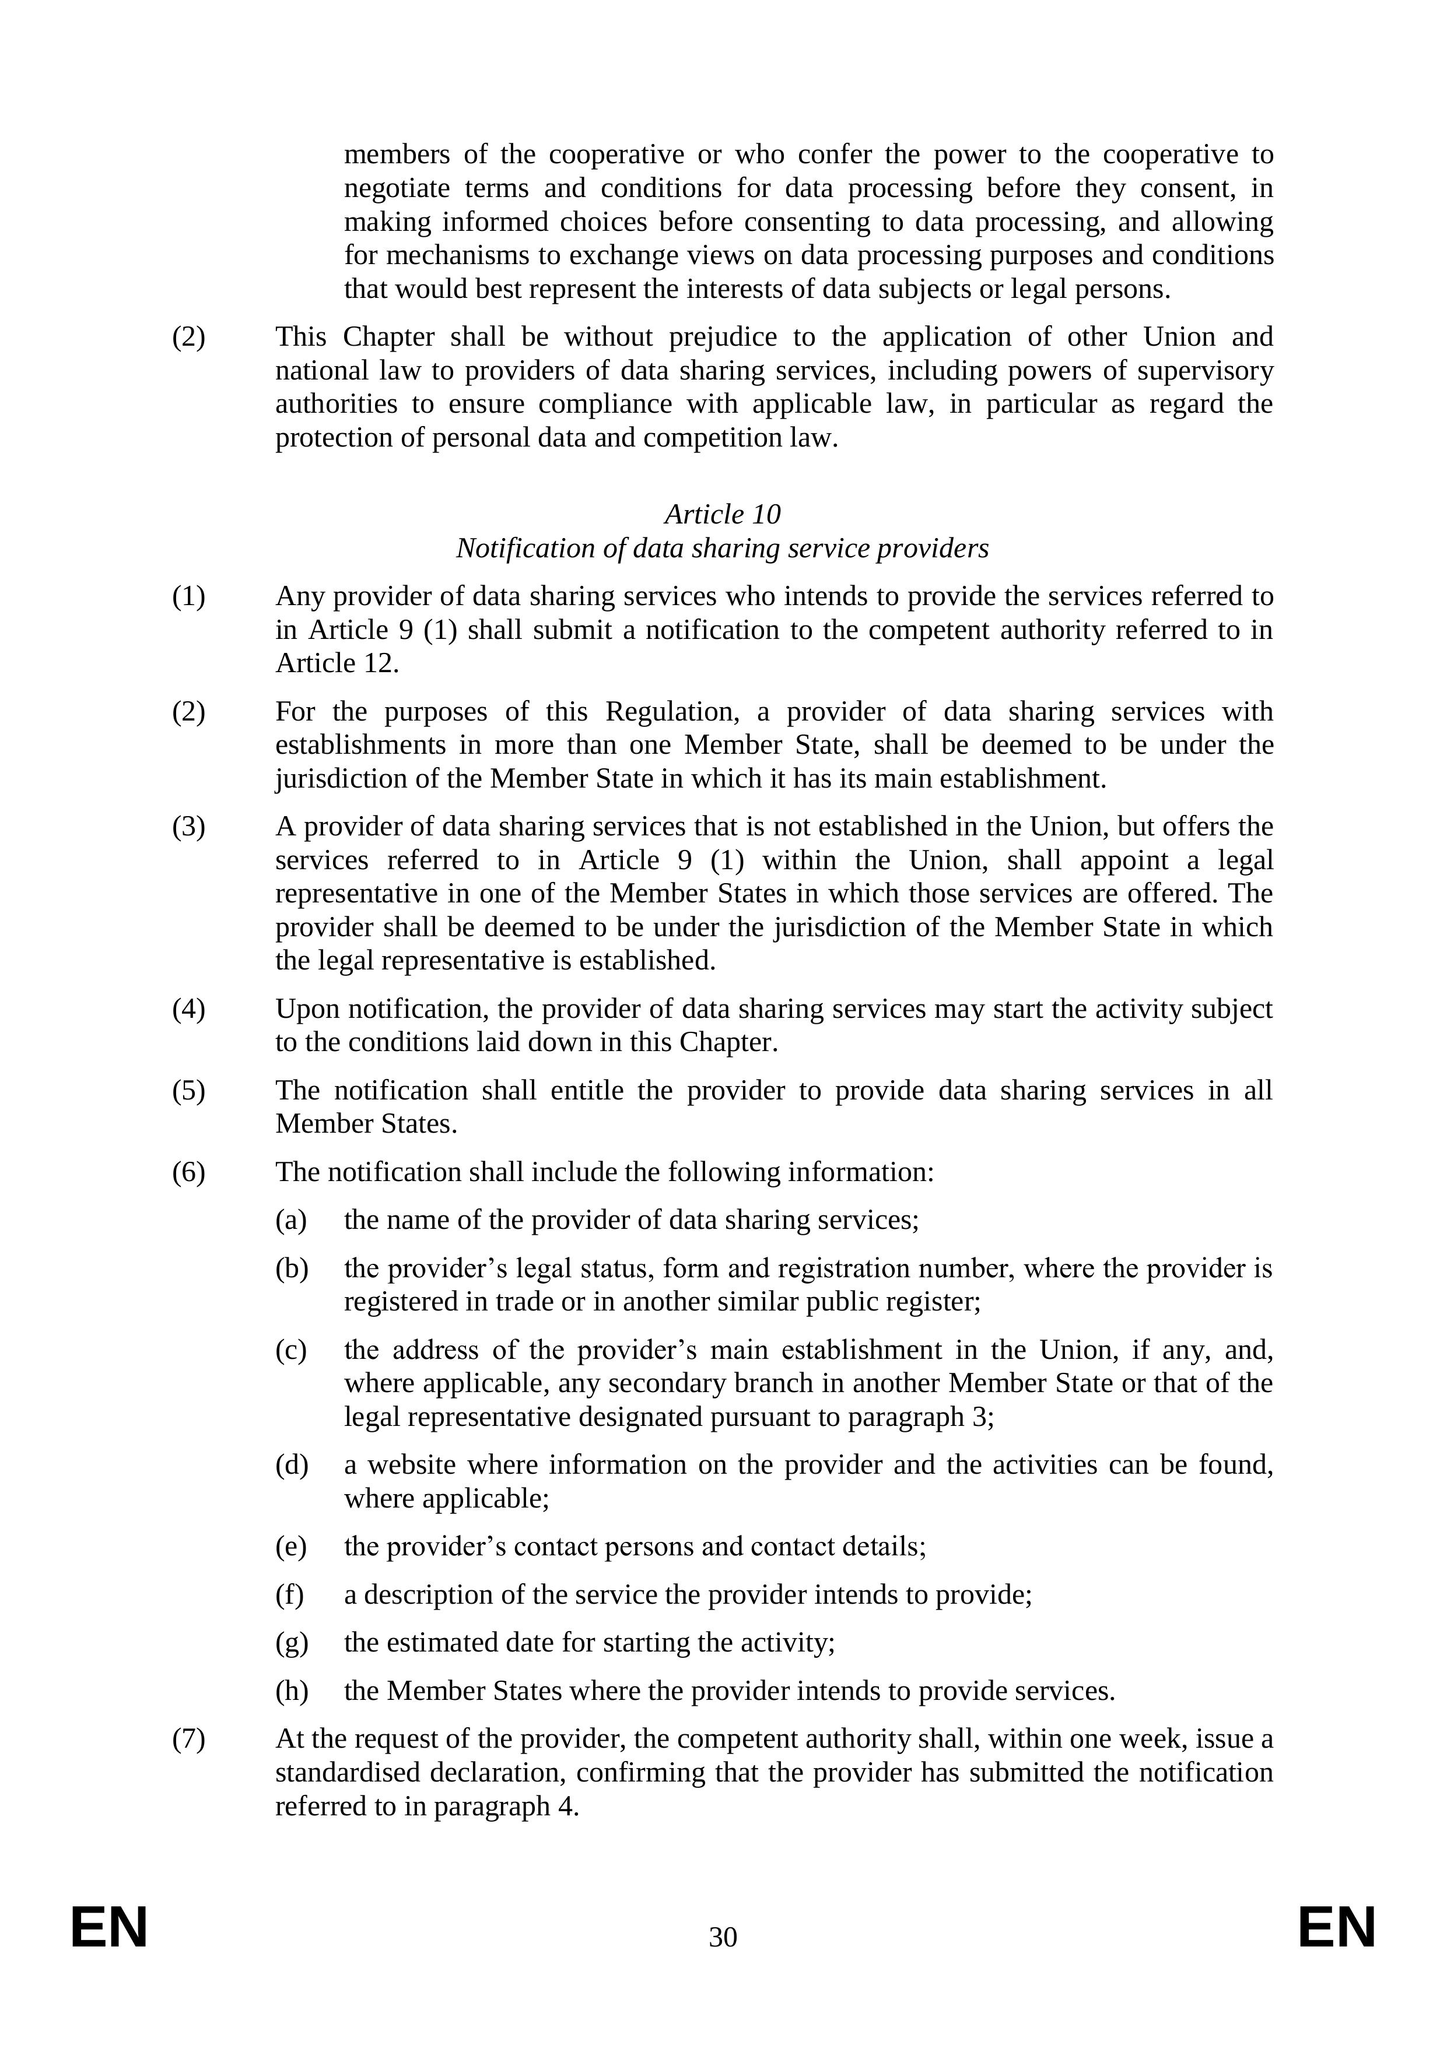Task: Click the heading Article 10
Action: pyautogui.click(x=723, y=515)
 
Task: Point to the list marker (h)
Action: pyautogui.click(x=292, y=1691)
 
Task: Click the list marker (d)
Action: pyautogui.click(x=292, y=1465)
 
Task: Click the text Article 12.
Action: pyautogui.click(x=337, y=663)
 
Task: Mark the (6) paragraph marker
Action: pyautogui.click(x=188, y=1172)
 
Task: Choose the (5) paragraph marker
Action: pyautogui.click(x=188, y=1091)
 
